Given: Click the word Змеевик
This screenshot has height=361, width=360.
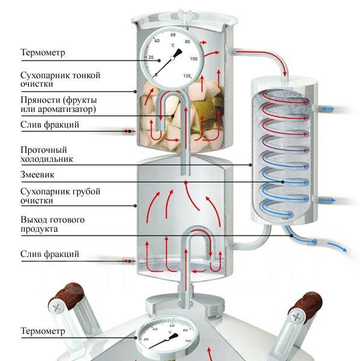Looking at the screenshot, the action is (x=37, y=174).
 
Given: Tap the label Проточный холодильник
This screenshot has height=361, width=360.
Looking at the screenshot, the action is (x=47, y=154).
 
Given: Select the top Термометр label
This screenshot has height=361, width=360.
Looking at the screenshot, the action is (x=43, y=52).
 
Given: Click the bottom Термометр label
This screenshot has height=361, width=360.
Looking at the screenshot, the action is (x=43, y=331).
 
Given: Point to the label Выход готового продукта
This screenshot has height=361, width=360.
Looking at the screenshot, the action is (x=52, y=224).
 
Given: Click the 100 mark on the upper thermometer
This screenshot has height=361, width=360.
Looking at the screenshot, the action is (x=194, y=59).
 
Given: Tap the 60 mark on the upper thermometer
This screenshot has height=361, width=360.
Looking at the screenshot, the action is (x=173, y=34).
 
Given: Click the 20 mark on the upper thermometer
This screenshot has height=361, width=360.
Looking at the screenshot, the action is (x=151, y=57).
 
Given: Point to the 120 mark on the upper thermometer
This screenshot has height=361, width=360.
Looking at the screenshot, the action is (x=187, y=76).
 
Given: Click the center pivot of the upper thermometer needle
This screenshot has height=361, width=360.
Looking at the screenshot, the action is (x=172, y=58).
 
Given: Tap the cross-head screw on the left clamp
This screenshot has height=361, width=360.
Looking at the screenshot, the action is (x=56, y=307).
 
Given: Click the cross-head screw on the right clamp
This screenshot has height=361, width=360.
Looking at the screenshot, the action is (x=296, y=318).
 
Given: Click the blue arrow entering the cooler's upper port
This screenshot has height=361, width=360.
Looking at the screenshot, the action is (x=327, y=109).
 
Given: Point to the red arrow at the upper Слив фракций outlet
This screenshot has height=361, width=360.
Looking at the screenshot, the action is (x=128, y=131).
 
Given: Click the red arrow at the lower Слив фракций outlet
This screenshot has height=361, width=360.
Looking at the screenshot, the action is (x=128, y=261).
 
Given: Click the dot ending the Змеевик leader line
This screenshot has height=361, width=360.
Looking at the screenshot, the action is (x=282, y=182).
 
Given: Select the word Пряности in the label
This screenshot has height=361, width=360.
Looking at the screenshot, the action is (x=40, y=100).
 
